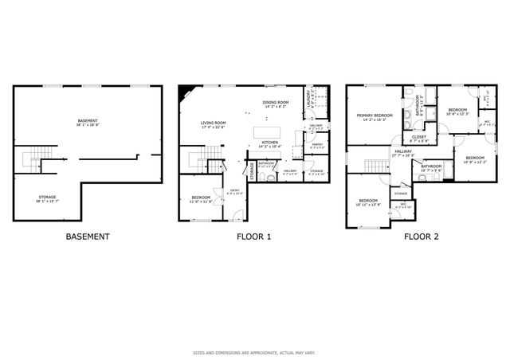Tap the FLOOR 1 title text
point(254,237)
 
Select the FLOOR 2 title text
point(421,237)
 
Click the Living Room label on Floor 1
point(214,123)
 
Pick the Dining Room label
point(276,104)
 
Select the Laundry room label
point(308,99)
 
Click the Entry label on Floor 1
point(235,190)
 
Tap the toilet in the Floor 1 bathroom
point(271,177)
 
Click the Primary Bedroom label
point(374,116)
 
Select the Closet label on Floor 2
point(419,137)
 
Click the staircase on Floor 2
point(375,166)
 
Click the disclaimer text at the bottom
point(254,352)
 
